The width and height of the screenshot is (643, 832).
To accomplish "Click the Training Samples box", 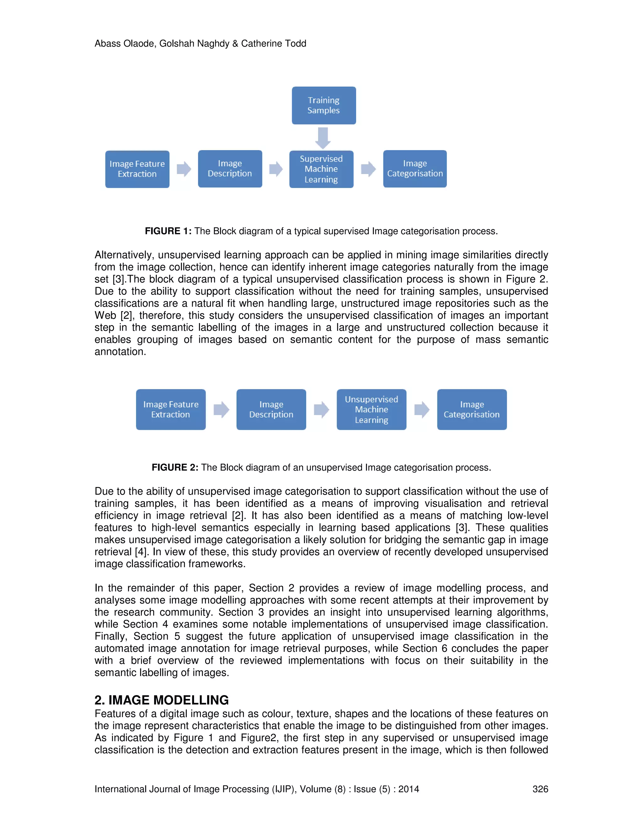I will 324,105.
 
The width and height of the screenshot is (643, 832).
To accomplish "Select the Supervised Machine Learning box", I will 321,169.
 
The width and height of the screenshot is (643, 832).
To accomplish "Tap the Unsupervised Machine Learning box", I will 371,409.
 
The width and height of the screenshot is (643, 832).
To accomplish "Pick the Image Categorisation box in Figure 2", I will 472,409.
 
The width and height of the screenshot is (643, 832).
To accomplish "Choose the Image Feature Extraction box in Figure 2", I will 171,409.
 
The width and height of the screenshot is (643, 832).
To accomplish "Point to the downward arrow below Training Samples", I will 323,138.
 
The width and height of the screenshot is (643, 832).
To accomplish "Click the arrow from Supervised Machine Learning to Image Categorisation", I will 368,169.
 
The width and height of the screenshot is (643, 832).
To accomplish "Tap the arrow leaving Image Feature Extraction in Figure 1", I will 184,169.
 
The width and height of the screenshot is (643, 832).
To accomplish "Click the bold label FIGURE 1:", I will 168,231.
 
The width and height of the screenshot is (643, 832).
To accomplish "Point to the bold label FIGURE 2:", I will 175,467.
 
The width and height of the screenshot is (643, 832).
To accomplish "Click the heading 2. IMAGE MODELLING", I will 161,700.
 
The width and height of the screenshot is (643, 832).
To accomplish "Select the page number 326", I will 540,789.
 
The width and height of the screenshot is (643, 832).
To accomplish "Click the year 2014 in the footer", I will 409,789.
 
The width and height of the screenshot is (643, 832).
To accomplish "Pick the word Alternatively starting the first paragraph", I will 124,255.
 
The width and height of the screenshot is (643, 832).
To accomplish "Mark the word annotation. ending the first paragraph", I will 120,352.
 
